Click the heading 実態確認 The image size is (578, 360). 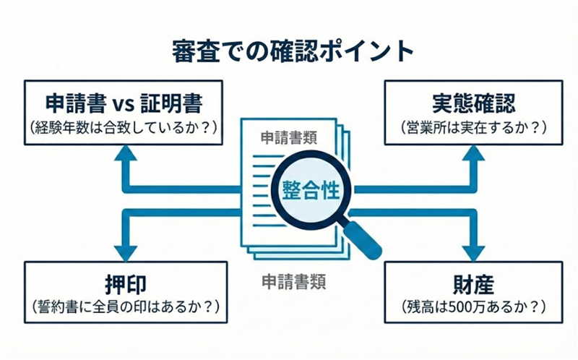(473, 103)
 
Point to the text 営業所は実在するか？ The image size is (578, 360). (473, 127)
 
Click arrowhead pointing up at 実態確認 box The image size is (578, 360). (473, 153)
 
